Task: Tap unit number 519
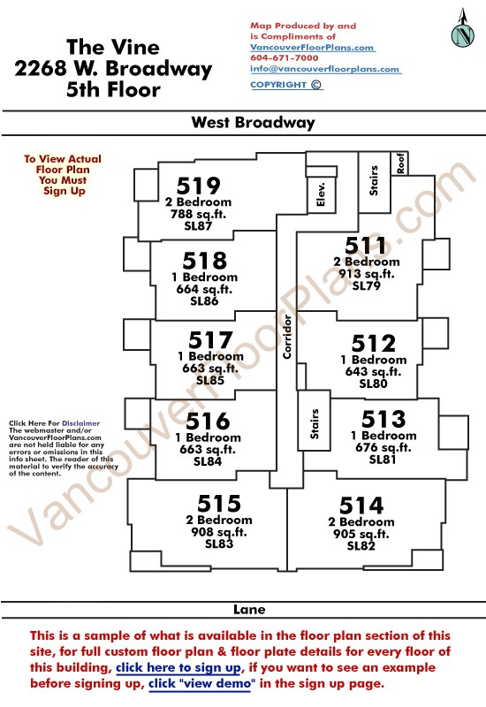coord(198,186)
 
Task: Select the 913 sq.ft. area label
coord(367,274)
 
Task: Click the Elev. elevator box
coord(321,194)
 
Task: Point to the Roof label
coord(401,163)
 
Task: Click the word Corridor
coord(287,337)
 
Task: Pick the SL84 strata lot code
coord(208,461)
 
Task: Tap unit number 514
coord(361,505)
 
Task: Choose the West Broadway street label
coord(253,123)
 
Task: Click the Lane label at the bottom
coord(249,610)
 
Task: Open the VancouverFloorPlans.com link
coord(312,48)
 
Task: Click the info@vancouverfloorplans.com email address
coord(325,69)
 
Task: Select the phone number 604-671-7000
coord(285,57)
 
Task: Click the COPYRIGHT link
coord(286,85)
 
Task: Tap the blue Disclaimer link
coord(80,423)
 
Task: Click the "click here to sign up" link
coord(179,667)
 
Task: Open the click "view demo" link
coord(201,683)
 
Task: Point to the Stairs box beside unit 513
coord(315,420)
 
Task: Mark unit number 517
coord(210,340)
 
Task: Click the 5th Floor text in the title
coord(113,89)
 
